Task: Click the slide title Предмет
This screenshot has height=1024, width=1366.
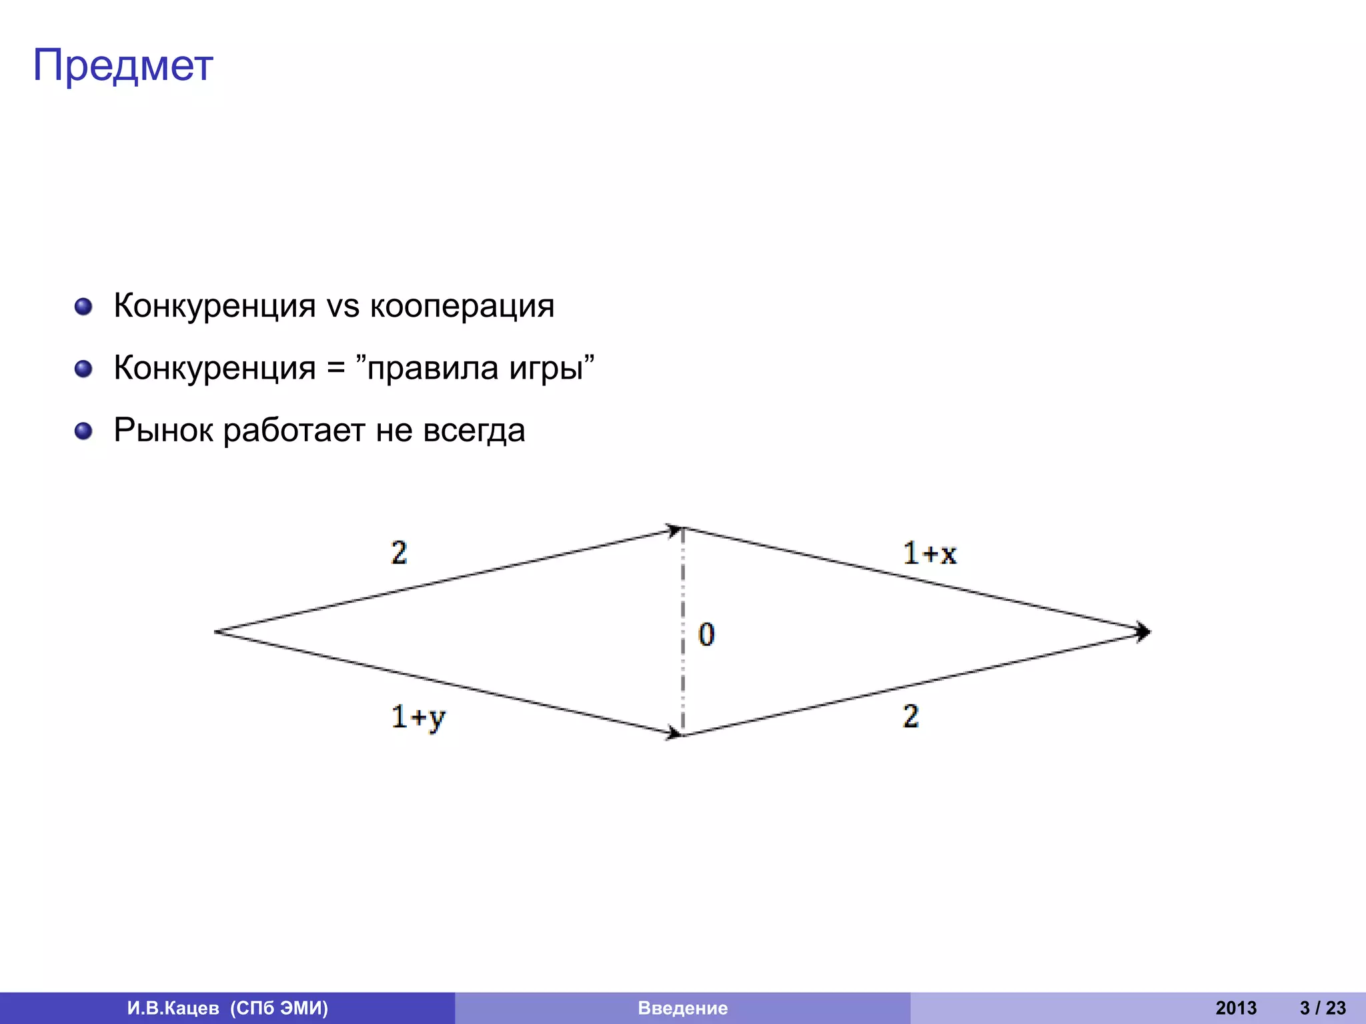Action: [x=123, y=66]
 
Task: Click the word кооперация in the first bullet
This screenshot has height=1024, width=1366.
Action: [x=462, y=306]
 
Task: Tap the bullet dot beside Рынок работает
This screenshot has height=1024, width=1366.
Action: [x=83, y=431]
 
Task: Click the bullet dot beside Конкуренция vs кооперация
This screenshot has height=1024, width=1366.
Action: [x=83, y=307]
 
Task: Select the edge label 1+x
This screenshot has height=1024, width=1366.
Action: [x=929, y=553]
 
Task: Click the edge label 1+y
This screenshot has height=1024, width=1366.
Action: [x=418, y=718]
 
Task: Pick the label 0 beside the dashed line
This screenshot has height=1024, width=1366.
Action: [x=706, y=634]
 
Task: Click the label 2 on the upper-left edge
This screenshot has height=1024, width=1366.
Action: [x=399, y=553]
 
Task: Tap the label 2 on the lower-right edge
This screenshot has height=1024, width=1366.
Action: [x=910, y=717]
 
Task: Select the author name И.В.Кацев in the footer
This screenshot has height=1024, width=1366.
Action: [x=173, y=1008]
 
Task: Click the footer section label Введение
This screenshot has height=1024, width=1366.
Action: [x=682, y=1008]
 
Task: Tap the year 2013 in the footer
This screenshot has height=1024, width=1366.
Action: [x=1235, y=1008]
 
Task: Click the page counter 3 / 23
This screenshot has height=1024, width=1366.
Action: [x=1323, y=1008]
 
